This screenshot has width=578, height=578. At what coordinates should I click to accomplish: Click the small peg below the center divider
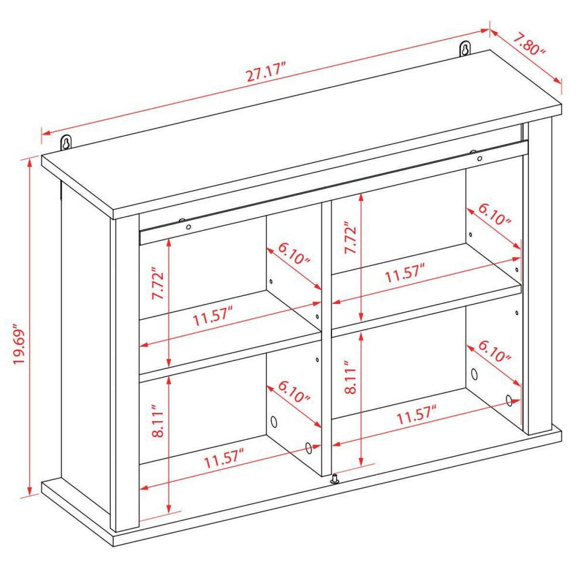point(334,480)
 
